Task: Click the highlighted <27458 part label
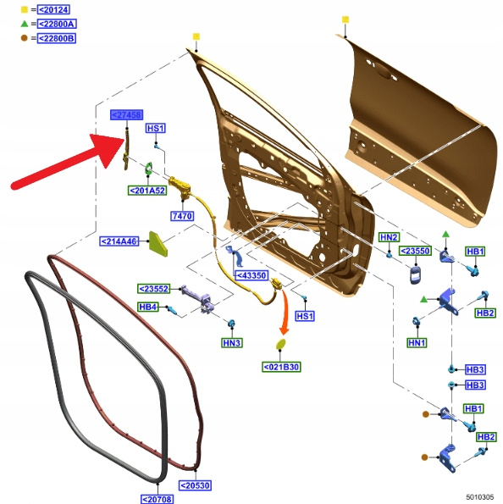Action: (x=126, y=114)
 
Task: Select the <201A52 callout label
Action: (x=147, y=191)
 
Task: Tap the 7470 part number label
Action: (x=182, y=216)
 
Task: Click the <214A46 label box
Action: (x=119, y=241)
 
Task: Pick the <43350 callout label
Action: (x=251, y=275)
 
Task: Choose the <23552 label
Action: (x=153, y=289)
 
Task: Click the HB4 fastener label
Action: (x=148, y=307)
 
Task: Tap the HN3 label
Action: (x=232, y=343)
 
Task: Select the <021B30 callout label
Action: (x=281, y=367)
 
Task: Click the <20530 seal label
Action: (x=195, y=485)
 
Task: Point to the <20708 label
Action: (x=157, y=499)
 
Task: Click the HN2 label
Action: (x=389, y=237)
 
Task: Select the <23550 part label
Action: (x=415, y=251)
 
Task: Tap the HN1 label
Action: (x=417, y=343)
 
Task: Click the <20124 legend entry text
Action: (x=53, y=9)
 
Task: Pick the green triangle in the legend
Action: (x=25, y=24)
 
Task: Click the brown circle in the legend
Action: (x=24, y=38)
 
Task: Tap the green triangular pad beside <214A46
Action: (x=158, y=244)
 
